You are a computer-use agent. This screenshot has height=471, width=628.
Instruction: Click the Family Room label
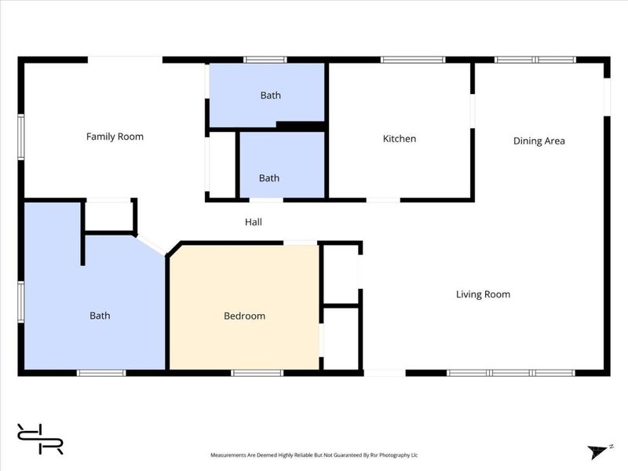(115, 137)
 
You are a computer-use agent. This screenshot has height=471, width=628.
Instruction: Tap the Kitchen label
(400, 139)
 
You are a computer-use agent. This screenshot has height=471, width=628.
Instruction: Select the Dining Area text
(539, 141)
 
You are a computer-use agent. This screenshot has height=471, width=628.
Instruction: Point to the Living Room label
(483, 294)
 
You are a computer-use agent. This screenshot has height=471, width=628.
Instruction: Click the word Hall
(254, 222)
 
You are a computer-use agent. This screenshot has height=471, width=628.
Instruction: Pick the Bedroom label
(244, 316)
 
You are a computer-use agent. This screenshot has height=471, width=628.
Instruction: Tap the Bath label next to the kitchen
(269, 178)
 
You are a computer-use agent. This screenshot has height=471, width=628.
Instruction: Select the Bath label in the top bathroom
(270, 95)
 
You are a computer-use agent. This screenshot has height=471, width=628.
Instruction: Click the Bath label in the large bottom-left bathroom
(100, 316)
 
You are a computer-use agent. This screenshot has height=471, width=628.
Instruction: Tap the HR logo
(40, 439)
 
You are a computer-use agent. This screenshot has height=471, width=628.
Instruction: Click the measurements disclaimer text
(314, 455)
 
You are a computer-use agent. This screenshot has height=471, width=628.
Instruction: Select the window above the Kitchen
(413, 60)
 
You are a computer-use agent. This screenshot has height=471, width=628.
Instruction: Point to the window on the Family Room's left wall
(21, 137)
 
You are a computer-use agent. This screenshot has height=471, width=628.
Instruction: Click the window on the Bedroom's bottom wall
(257, 373)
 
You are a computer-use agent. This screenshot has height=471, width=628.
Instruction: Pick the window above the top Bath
(265, 60)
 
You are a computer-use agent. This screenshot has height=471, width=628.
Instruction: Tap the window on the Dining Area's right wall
(607, 97)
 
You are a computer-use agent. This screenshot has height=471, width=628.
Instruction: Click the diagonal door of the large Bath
(152, 245)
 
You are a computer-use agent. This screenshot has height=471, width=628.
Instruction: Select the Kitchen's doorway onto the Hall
(383, 199)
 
